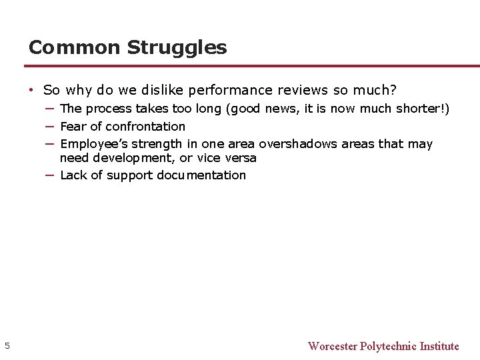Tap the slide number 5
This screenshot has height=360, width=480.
[7, 345]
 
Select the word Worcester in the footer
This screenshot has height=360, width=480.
[332, 346]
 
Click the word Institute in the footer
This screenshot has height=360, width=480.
[439, 346]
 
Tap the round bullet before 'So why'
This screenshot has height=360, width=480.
[31, 90]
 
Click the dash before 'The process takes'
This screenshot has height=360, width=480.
[50, 108]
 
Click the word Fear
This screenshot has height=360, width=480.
[73, 126]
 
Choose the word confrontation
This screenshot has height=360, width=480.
[145, 126]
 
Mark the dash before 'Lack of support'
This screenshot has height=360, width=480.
[50, 175]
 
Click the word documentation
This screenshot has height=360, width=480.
[201, 175]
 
